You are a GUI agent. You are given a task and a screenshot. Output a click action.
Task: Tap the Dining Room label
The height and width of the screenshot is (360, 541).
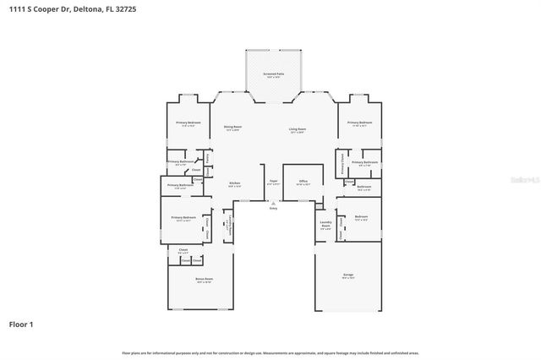coord(232,128)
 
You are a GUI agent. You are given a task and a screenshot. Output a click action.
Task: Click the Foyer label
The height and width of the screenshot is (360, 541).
coord(273,182)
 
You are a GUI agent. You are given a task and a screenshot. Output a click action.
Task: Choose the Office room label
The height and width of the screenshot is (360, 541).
coord(303,182)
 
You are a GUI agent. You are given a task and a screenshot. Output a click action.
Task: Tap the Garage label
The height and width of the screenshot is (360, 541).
coord(348,275)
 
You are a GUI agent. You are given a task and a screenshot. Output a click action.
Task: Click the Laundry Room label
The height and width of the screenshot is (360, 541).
coord(325,226)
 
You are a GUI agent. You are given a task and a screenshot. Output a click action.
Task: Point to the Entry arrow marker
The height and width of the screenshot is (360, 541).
coord(273,202)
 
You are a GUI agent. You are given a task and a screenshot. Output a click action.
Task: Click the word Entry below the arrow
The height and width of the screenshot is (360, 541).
coord(273,208)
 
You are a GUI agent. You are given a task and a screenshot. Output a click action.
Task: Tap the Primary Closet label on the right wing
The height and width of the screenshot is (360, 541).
coord(342,162)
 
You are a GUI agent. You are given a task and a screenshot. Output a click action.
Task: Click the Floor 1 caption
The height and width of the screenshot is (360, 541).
coord(22,324)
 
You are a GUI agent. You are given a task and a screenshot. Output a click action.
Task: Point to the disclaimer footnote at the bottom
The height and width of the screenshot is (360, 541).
coord(270,352)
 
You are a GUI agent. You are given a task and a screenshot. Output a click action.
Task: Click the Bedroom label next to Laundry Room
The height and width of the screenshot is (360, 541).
coord(362,217)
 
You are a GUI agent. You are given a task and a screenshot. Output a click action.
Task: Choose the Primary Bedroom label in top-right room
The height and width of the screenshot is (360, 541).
coord(359,123)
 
